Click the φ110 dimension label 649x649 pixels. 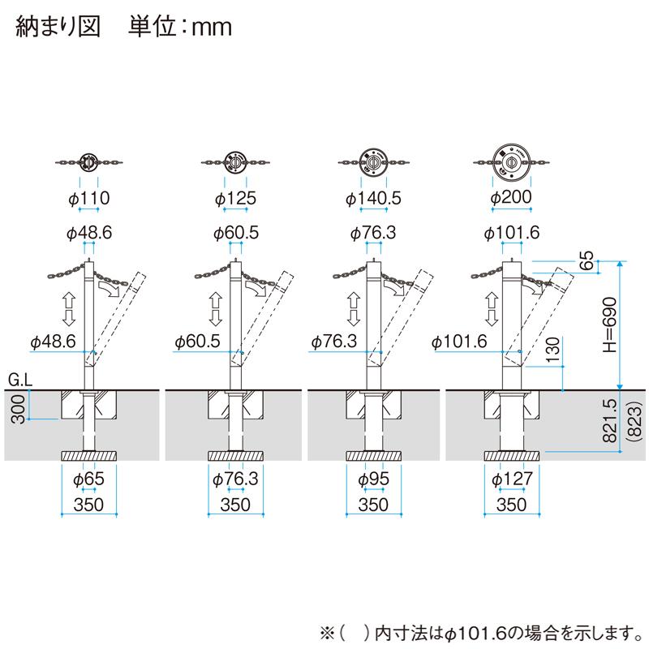(89, 198)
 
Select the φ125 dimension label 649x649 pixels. (235, 198)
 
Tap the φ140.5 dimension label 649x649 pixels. (373, 198)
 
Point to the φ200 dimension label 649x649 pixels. (511, 198)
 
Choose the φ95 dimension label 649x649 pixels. (373, 479)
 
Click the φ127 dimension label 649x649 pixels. (511, 479)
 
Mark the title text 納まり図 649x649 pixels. (57, 28)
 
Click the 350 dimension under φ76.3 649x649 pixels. (235, 504)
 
